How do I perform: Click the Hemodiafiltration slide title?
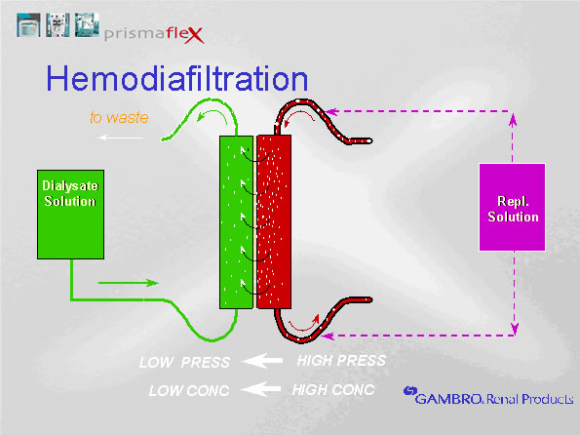pyautogui.click(x=177, y=78)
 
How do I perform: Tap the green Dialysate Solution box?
pyautogui.click(x=68, y=216)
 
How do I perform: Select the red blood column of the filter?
pyautogui.click(x=273, y=222)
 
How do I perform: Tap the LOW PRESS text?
pyautogui.click(x=184, y=363)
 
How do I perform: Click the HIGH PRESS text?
pyautogui.click(x=340, y=361)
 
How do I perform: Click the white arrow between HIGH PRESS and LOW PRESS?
pyautogui.click(x=262, y=362)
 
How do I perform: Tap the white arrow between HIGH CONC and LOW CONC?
pyautogui.click(x=262, y=390)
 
